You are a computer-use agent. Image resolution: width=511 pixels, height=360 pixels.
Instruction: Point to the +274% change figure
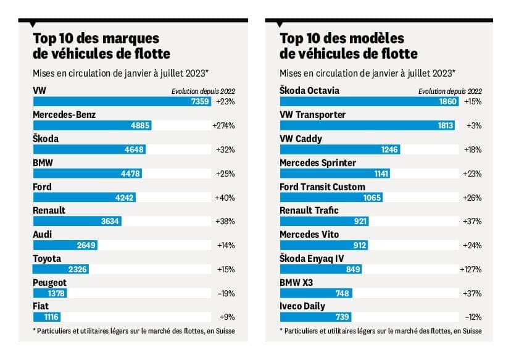tap(223, 125)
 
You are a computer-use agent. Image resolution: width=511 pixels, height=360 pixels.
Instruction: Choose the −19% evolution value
tap(225, 293)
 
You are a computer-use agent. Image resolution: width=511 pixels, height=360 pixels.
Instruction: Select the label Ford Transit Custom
tap(322, 186)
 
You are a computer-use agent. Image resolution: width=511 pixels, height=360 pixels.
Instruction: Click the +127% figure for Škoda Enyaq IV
tap(470, 269)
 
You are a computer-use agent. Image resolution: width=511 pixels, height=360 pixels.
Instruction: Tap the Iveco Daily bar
tap(315, 317)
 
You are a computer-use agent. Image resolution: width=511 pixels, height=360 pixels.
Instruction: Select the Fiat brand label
tap(42, 306)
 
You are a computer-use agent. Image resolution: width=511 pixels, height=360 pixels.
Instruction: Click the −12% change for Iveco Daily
tap(472, 317)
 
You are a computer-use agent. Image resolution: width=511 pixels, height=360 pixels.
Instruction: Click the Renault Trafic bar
tap(324, 222)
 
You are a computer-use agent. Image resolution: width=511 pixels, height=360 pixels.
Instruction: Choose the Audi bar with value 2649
tap(65, 245)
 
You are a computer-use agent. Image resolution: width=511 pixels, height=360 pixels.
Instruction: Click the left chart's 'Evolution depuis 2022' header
tap(203, 91)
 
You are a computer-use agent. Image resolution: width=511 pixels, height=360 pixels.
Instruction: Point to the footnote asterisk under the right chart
tap(281, 331)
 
